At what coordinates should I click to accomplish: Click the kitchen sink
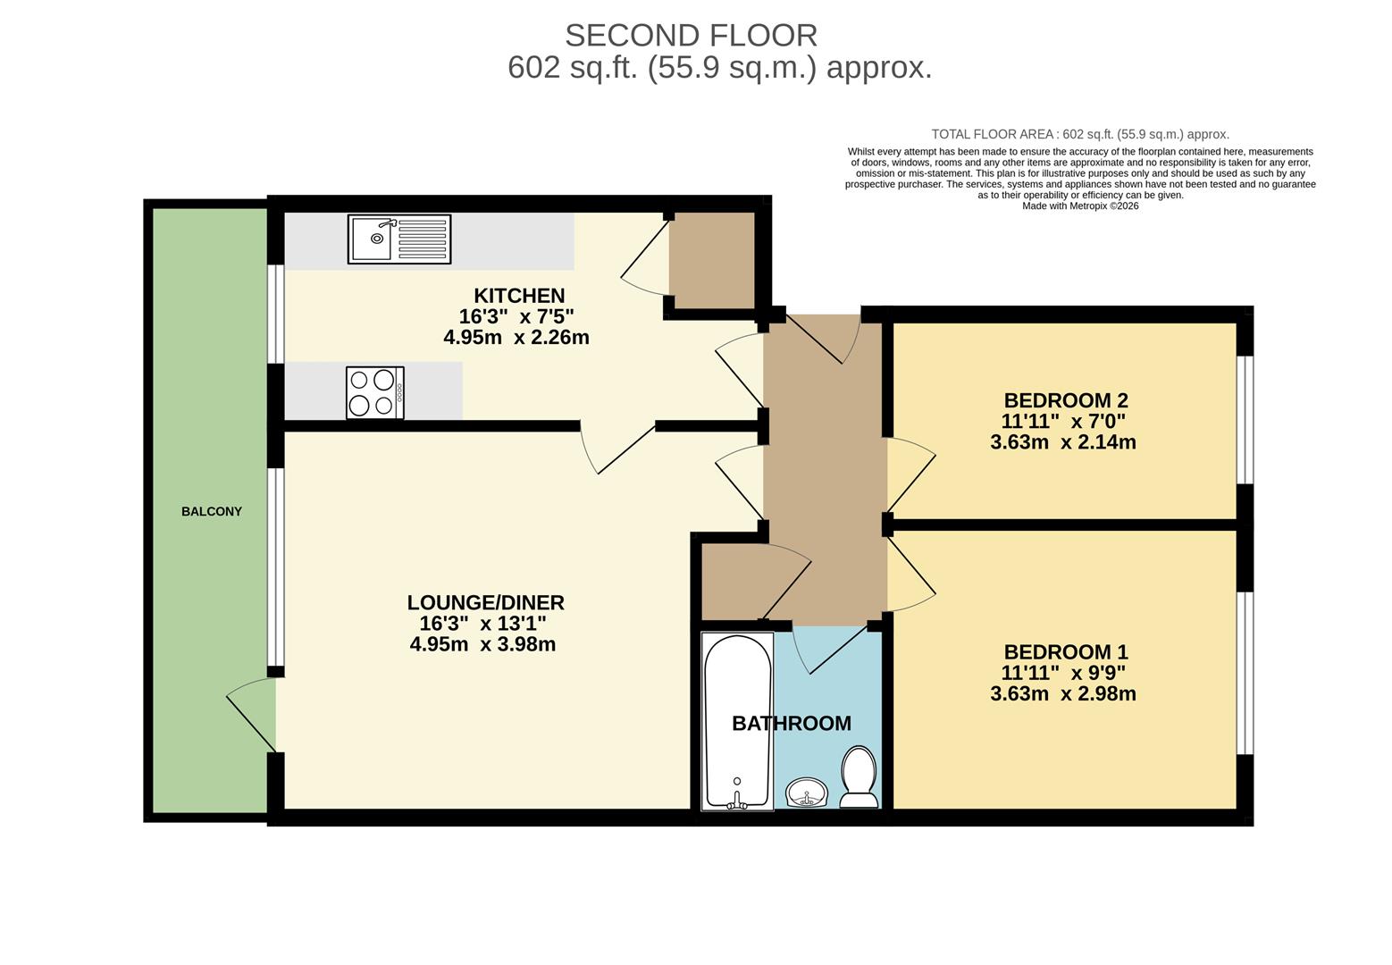pos(399,239)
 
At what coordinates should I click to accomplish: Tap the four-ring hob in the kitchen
pos(375,393)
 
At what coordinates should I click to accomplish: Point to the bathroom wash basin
pos(807,793)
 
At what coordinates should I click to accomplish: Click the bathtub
pos(738,721)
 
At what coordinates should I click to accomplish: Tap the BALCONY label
pos(211,511)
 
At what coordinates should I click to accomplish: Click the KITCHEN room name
pos(519,295)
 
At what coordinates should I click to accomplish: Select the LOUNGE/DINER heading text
pos(485,602)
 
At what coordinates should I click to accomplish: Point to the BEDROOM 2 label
pos(1066,400)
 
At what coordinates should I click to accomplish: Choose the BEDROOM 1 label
pos(1066,652)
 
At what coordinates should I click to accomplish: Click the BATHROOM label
pos(791,723)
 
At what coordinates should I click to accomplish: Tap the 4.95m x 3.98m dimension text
pos(482,643)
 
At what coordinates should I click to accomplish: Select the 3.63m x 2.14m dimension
pos(1063,441)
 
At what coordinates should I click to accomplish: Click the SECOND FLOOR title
pos(691,36)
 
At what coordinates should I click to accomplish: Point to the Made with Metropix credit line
pos(1081,206)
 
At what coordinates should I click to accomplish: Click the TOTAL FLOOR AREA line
pos(1080,134)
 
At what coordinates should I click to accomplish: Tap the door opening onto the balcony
pos(251,715)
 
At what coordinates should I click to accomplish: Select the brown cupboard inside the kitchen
pos(712,261)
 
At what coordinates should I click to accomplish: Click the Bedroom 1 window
pos(1245,673)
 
